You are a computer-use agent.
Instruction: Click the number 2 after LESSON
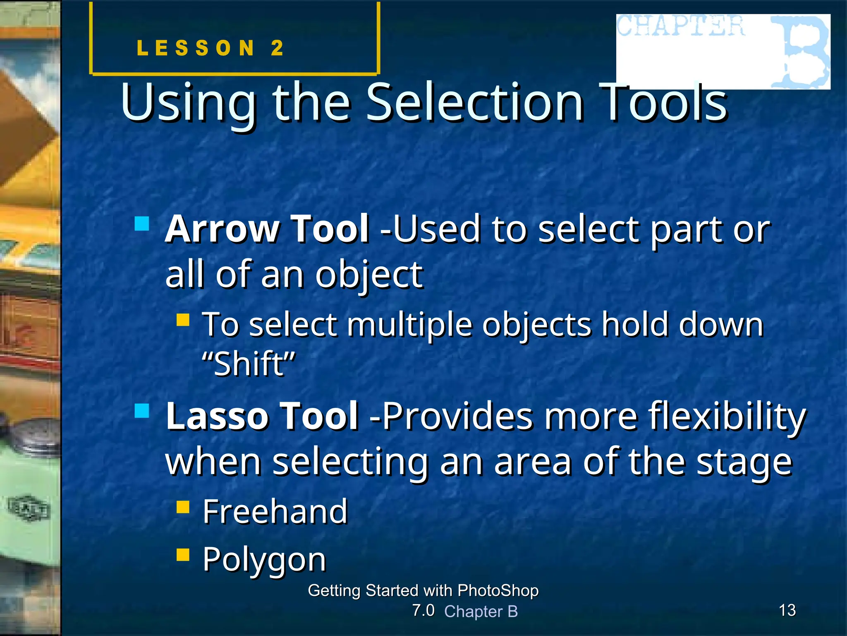(x=277, y=48)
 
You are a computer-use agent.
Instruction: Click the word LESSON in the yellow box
(x=196, y=48)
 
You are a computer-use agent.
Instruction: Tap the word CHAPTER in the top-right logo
(x=680, y=26)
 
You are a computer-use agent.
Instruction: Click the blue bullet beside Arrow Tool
(x=142, y=224)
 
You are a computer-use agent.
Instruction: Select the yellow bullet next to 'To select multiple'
(x=183, y=320)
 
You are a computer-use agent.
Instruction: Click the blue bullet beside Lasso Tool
(x=142, y=411)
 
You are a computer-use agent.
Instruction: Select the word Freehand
(x=275, y=512)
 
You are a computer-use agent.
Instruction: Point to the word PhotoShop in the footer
(x=498, y=590)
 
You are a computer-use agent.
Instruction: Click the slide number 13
(x=787, y=610)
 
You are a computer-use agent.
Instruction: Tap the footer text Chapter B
(x=481, y=612)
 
